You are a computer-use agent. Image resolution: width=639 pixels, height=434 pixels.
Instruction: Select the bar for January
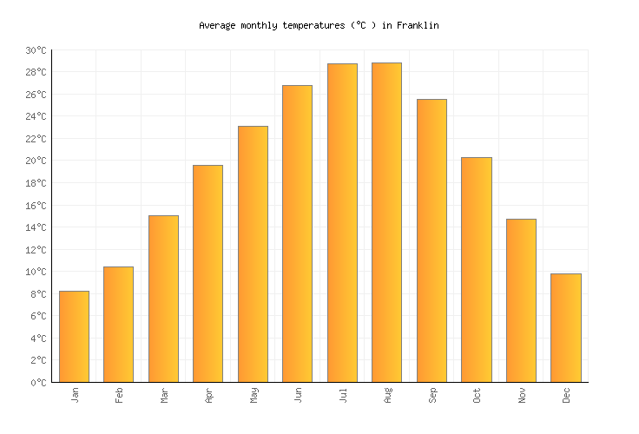(74, 337)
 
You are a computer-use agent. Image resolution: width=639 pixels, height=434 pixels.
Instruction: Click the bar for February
(118, 325)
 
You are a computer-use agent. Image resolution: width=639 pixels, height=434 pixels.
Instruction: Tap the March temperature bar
(163, 299)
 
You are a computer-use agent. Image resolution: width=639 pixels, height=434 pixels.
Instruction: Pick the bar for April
(208, 273)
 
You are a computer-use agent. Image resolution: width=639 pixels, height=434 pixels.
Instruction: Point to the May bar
(253, 254)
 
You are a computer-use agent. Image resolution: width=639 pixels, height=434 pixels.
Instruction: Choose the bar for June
(297, 233)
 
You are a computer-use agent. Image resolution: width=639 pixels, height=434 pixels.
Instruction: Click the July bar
(342, 223)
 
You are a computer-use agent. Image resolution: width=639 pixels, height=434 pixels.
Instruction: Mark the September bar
(431, 240)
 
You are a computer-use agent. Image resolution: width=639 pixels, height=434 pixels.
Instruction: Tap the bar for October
(476, 270)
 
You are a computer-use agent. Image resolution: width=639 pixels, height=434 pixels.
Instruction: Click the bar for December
(565, 328)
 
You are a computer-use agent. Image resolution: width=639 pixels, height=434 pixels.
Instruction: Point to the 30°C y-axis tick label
(36, 50)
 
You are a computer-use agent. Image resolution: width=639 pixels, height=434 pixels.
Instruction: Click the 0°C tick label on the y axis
(38, 383)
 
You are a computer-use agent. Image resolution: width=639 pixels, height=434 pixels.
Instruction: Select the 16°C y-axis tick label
(36, 206)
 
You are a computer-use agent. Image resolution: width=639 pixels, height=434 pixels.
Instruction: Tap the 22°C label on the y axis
(36, 139)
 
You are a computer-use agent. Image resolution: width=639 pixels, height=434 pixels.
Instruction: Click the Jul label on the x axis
(343, 396)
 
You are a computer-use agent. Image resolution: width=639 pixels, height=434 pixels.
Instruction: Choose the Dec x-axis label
(566, 396)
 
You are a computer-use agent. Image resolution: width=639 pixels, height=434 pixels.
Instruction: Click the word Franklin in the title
(418, 26)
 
